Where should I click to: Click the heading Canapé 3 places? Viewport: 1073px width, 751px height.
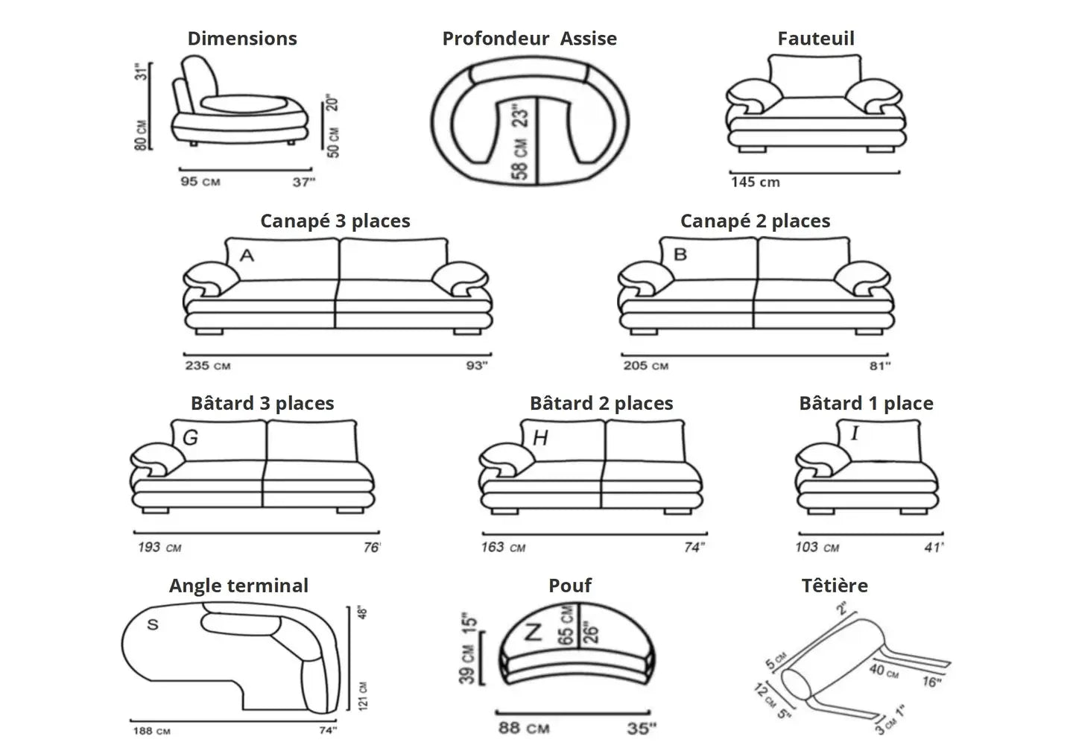coord(335,221)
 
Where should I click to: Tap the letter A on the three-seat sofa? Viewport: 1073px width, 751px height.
coord(247,256)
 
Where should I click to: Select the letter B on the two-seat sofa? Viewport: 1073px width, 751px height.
coord(680,254)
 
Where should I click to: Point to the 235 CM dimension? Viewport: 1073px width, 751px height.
coord(207,366)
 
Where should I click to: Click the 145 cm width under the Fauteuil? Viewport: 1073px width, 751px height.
coord(755,182)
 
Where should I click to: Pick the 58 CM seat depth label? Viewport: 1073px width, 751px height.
coord(520,159)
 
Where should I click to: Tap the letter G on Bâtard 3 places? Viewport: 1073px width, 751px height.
coord(190,437)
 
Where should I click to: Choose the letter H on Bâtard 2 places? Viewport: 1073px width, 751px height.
coord(540,438)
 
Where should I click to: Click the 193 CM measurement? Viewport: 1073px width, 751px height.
coord(159,548)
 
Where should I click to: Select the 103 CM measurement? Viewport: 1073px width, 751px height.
coord(817,548)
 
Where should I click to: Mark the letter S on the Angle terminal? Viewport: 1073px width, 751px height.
coord(153,624)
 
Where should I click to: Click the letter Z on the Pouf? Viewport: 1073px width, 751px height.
coord(533,633)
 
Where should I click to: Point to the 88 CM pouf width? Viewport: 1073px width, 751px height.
coord(524,727)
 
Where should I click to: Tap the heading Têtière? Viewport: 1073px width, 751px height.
coord(835,586)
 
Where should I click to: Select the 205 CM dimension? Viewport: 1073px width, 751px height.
coord(645,366)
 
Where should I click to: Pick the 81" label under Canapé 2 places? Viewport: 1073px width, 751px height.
coord(879,366)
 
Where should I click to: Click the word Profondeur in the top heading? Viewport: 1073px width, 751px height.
coord(496,39)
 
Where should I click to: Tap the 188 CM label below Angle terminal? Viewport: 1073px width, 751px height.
coord(151,731)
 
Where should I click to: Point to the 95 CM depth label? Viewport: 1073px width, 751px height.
coord(200,181)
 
